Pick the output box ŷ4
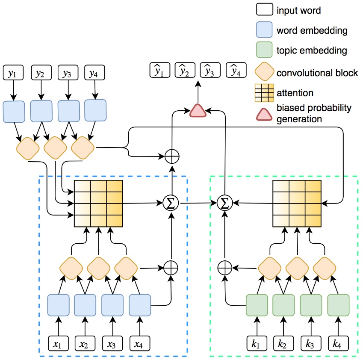pos(236,70)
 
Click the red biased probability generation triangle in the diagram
pos(198,111)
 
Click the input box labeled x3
pos(112,343)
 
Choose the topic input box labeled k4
pos(338,343)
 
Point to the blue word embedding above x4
pos(140,305)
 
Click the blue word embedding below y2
pos(41,112)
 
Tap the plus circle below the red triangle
pos(171,156)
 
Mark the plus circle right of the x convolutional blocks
pos(171,268)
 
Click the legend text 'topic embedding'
pos(312,51)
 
